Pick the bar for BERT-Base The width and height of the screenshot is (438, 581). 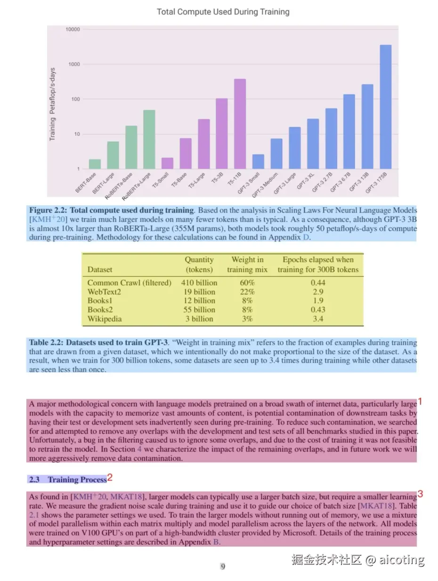coord(95,164)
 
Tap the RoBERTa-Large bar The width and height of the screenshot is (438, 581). coord(149,139)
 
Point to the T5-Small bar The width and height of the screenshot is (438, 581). coord(167,163)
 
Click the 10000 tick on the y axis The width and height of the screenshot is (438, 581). coord(73,29)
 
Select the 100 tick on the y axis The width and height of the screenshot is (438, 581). coord(75,99)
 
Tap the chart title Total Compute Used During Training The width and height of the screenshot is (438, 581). coord(223,12)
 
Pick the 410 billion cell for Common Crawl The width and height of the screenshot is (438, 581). coord(199,283)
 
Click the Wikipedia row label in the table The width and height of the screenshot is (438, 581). coord(105,319)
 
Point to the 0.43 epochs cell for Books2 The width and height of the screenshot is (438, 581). coord(317,310)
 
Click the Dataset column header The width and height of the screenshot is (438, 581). coord(100,270)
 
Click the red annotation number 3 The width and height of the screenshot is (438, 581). coord(420,494)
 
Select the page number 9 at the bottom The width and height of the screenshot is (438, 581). coord(223,567)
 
